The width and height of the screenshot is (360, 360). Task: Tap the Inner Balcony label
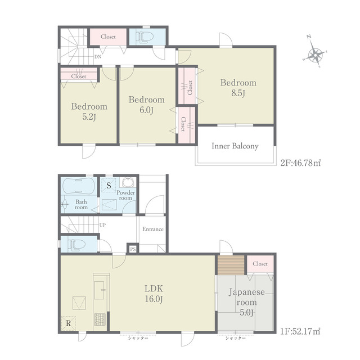[235, 146]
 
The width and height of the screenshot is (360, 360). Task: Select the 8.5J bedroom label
[238, 88]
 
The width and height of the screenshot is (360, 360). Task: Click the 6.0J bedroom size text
[146, 110]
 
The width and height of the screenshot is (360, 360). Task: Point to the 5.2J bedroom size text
[89, 117]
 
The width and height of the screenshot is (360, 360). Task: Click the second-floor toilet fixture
[145, 37]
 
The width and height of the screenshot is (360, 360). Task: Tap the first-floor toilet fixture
[76, 245]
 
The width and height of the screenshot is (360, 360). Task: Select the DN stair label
[97, 57]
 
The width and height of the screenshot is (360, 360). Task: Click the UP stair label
[102, 225]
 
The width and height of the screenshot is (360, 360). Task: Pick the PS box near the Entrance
[133, 249]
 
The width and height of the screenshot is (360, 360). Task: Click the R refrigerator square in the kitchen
[69, 323]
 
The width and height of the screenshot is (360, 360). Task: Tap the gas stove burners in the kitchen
[100, 319]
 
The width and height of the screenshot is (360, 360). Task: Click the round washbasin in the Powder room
[128, 182]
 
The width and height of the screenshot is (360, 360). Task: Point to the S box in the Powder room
[109, 185]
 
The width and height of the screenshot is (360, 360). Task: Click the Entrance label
[153, 229]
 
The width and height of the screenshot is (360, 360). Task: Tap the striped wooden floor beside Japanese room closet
[231, 265]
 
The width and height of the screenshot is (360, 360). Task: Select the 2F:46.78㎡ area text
[300, 163]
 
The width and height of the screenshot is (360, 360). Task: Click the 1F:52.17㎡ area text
[300, 331]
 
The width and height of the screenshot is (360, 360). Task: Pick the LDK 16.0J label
[154, 294]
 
